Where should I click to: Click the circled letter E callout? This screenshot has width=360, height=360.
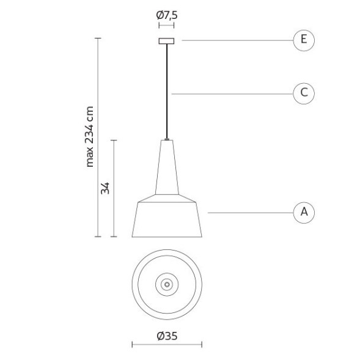pyautogui.click(x=304, y=40)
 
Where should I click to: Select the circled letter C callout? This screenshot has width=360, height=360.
pyautogui.click(x=304, y=94)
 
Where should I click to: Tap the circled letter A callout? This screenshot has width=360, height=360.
pyautogui.click(x=304, y=213)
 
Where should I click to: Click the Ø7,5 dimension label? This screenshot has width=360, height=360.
pyautogui.click(x=167, y=15)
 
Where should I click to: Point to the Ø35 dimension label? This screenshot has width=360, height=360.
pyautogui.click(x=167, y=336)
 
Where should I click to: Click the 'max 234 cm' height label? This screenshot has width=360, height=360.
pyautogui.click(x=89, y=137)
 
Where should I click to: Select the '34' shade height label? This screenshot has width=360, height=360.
pyautogui.click(x=105, y=188)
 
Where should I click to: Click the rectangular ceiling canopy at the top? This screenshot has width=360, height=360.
pyautogui.click(x=166, y=41)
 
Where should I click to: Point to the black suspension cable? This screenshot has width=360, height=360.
pyautogui.click(x=167, y=91)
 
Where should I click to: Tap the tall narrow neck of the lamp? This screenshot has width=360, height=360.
pyautogui.click(x=167, y=167)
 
